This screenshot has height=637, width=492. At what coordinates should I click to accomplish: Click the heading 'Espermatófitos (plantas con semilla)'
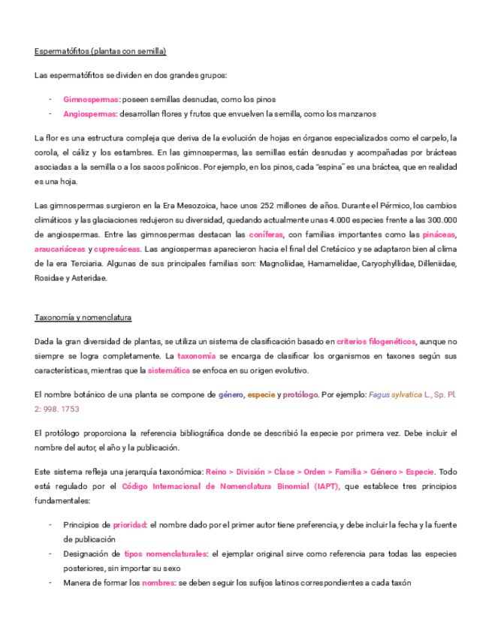100,51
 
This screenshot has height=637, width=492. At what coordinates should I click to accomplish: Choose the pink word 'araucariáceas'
59,249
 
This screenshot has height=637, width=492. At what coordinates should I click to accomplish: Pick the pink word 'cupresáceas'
117,249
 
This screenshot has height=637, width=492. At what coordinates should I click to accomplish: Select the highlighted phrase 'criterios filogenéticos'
376,342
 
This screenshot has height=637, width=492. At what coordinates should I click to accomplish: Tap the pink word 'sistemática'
169,370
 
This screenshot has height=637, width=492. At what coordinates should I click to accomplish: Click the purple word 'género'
230,394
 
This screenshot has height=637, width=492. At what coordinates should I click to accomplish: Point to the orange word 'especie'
261,394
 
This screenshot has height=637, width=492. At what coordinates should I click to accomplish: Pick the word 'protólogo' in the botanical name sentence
300,394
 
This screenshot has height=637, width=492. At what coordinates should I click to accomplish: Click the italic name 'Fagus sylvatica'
395,394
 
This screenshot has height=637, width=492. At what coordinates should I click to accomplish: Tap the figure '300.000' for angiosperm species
441,219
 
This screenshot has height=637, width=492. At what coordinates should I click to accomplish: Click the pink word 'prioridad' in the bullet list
129,524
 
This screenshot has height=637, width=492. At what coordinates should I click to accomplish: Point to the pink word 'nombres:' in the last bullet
158,582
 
